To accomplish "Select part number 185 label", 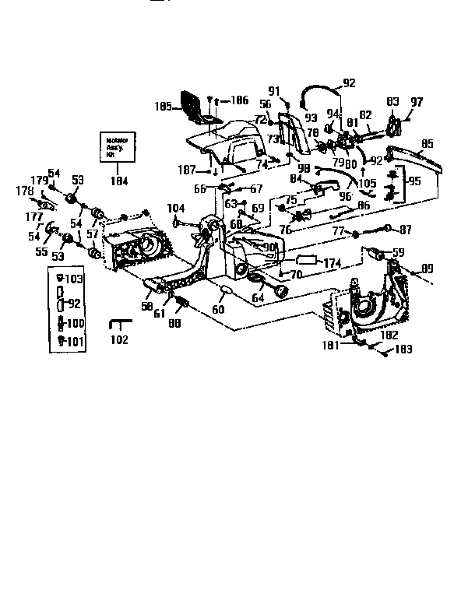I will (x=164, y=106).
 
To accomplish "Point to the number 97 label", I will (x=416, y=102).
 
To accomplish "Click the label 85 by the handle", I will (x=427, y=143).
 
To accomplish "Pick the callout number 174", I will (x=333, y=263).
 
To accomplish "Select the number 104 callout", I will (x=176, y=209).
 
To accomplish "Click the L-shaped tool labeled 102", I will (x=119, y=325).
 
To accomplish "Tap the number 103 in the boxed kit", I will (x=75, y=279).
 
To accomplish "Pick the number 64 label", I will (x=258, y=297).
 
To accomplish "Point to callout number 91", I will (x=273, y=90).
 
